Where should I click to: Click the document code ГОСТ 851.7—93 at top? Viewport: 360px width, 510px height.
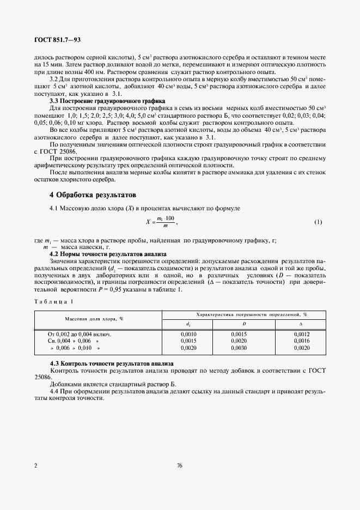tap(57, 40)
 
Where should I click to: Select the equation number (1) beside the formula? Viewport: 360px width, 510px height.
tap(319, 222)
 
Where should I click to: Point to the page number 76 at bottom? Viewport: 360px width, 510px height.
tap(180, 466)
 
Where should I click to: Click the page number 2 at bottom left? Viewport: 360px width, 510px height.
tap(35, 466)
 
